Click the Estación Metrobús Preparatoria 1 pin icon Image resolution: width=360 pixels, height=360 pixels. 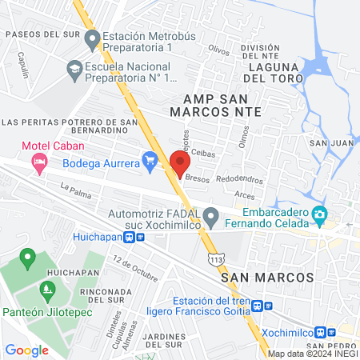[x=92, y=38]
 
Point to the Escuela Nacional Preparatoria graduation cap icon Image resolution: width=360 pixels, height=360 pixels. [x=74, y=71]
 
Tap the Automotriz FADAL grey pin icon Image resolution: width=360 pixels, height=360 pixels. [x=210, y=216]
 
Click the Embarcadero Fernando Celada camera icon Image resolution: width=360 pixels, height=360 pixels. [x=319, y=214]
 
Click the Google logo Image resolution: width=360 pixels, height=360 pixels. [x=26, y=350]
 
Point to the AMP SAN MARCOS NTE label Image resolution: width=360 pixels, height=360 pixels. [x=206, y=106]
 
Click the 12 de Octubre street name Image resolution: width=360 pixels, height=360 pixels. [x=135, y=269]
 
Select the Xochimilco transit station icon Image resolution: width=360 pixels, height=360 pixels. [x=319, y=332]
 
